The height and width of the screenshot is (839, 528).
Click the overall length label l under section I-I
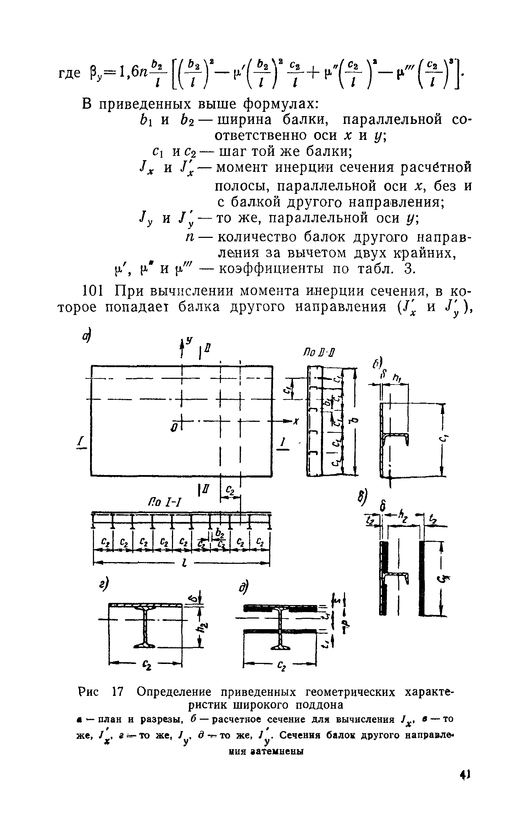(184, 564)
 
